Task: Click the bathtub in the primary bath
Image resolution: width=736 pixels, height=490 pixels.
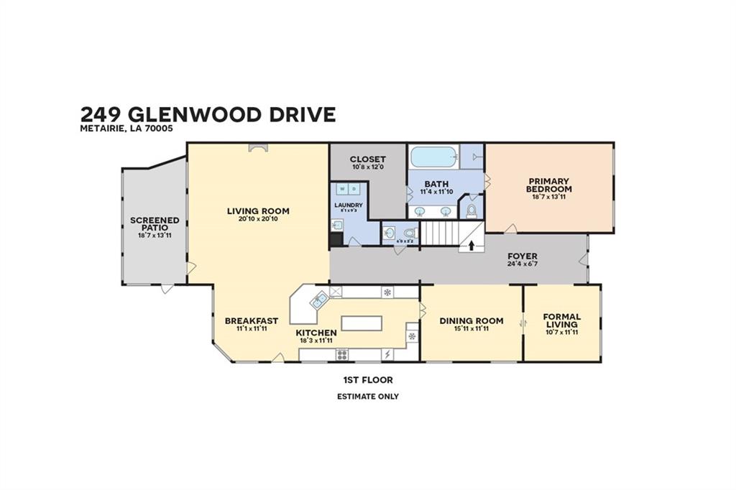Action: tap(434, 157)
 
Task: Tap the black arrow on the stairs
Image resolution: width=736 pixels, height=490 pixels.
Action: tap(471, 245)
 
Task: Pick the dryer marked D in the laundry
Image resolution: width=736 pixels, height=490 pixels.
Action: tap(354, 189)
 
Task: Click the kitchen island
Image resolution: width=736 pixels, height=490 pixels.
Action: tap(362, 323)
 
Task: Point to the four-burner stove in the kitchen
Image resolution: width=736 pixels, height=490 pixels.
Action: tap(342, 354)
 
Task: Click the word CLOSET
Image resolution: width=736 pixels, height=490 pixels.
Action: tap(368, 159)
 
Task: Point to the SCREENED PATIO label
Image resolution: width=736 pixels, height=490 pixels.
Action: tap(155, 224)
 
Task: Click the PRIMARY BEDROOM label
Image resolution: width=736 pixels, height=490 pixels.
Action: tap(549, 185)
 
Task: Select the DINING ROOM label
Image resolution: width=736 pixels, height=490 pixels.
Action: tap(471, 320)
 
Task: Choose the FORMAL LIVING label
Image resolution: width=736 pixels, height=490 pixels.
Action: tap(562, 320)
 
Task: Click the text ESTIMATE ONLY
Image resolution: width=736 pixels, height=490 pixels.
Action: tap(368, 397)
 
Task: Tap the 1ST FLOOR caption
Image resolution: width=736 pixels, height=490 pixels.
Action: tap(368, 380)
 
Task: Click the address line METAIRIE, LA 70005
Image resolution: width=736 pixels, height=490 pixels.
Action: tap(126, 129)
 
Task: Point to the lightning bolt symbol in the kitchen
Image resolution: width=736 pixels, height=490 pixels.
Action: tap(387, 354)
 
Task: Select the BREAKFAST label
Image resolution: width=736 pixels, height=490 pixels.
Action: tap(251, 320)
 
